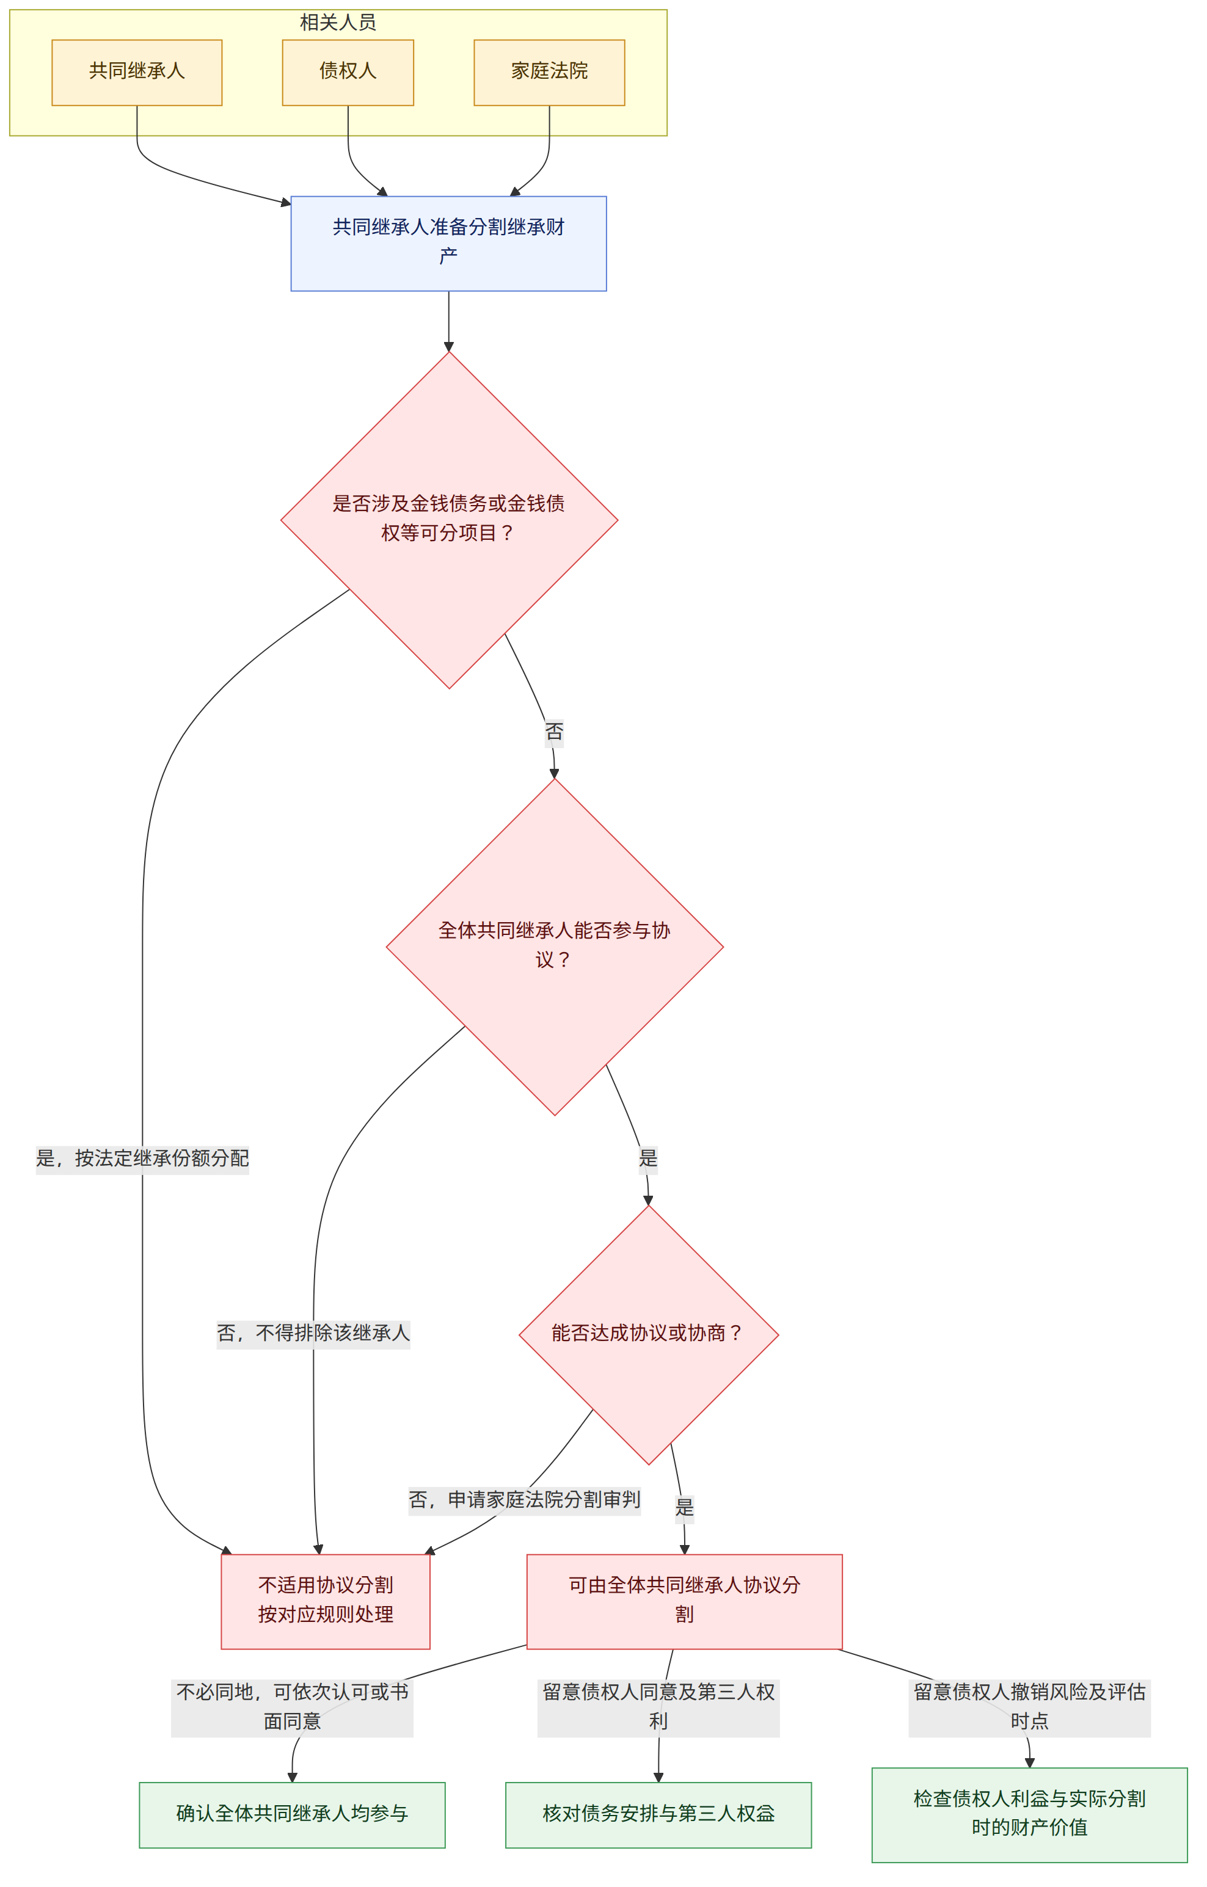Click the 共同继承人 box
pyautogui.click(x=137, y=72)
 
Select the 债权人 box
pyautogui.click(x=348, y=72)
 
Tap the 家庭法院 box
pyautogui.click(x=549, y=72)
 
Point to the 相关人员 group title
pyautogui.click(x=338, y=22)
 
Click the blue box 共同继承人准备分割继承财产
pyautogui.click(x=449, y=244)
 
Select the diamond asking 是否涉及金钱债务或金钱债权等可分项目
pyautogui.click(x=449, y=520)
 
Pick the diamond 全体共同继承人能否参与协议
pyautogui.click(x=555, y=947)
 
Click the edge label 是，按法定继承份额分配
pyautogui.click(x=143, y=1158)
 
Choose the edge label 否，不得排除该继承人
pyautogui.click(x=313, y=1333)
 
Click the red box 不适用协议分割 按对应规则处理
pyautogui.click(x=326, y=1599)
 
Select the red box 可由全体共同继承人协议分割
pyautogui.click(x=685, y=1599)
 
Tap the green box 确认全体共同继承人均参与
pyautogui.click(x=293, y=1815)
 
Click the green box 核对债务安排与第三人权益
pyautogui.click(x=659, y=1815)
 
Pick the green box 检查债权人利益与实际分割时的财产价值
pyautogui.click(x=1030, y=1815)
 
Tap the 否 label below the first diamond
pyautogui.click(x=555, y=732)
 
